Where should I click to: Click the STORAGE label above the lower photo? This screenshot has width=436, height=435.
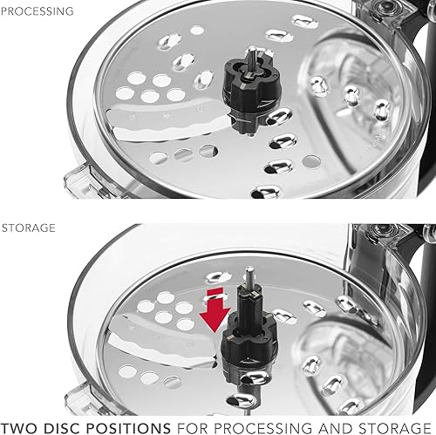pyautogui.click(x=29, y=228)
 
